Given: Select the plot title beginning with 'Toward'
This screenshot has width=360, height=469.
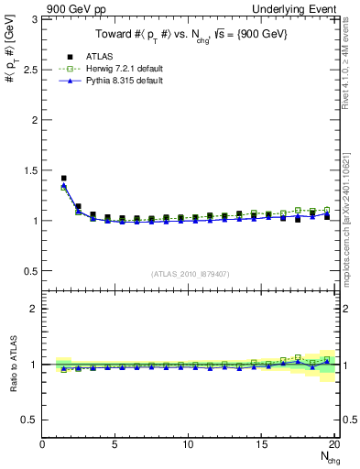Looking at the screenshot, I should (188, 35).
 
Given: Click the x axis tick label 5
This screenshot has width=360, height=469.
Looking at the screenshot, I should (115, 445).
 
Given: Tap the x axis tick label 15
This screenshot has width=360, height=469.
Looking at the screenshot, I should (262, 445).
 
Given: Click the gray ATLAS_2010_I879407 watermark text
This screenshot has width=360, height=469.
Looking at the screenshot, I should (190, 273).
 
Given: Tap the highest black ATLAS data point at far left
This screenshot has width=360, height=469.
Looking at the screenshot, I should (63, 179).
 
